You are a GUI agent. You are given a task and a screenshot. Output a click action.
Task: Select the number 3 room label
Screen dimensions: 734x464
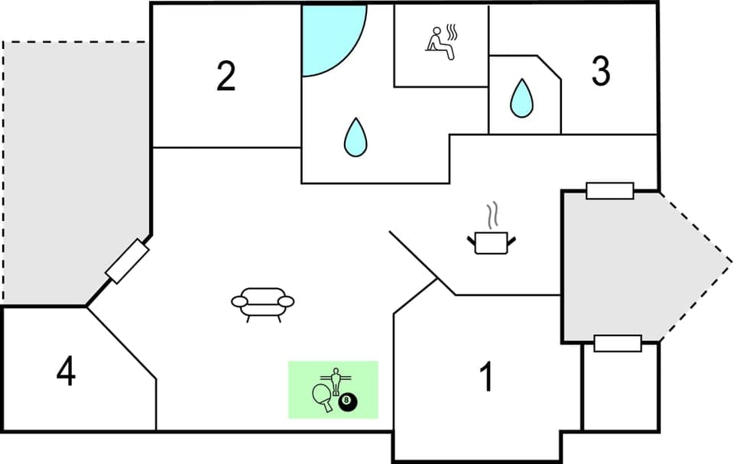[601, 72]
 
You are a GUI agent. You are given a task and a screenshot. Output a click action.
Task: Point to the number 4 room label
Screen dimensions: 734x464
[67, 372]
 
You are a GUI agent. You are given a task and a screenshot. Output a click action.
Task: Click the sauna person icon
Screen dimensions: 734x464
[436, 40]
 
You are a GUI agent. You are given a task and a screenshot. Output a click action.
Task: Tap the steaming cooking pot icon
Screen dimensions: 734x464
[491, 242]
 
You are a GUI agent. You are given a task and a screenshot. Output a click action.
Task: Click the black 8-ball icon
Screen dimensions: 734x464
[348, 401]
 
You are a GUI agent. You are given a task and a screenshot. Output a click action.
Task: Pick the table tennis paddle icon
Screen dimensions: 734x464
[323, 396]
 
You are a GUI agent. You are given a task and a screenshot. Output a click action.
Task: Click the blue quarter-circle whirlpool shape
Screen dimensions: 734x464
[327, 34]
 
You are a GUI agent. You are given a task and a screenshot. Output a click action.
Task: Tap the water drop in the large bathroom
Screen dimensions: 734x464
[355, 138]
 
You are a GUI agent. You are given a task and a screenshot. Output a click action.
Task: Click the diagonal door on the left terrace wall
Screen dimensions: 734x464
[126, 261]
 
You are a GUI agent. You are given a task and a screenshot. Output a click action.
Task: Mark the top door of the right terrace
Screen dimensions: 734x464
[609, 190]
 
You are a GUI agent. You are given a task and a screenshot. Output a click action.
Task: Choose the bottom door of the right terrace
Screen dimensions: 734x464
[617, 343]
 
